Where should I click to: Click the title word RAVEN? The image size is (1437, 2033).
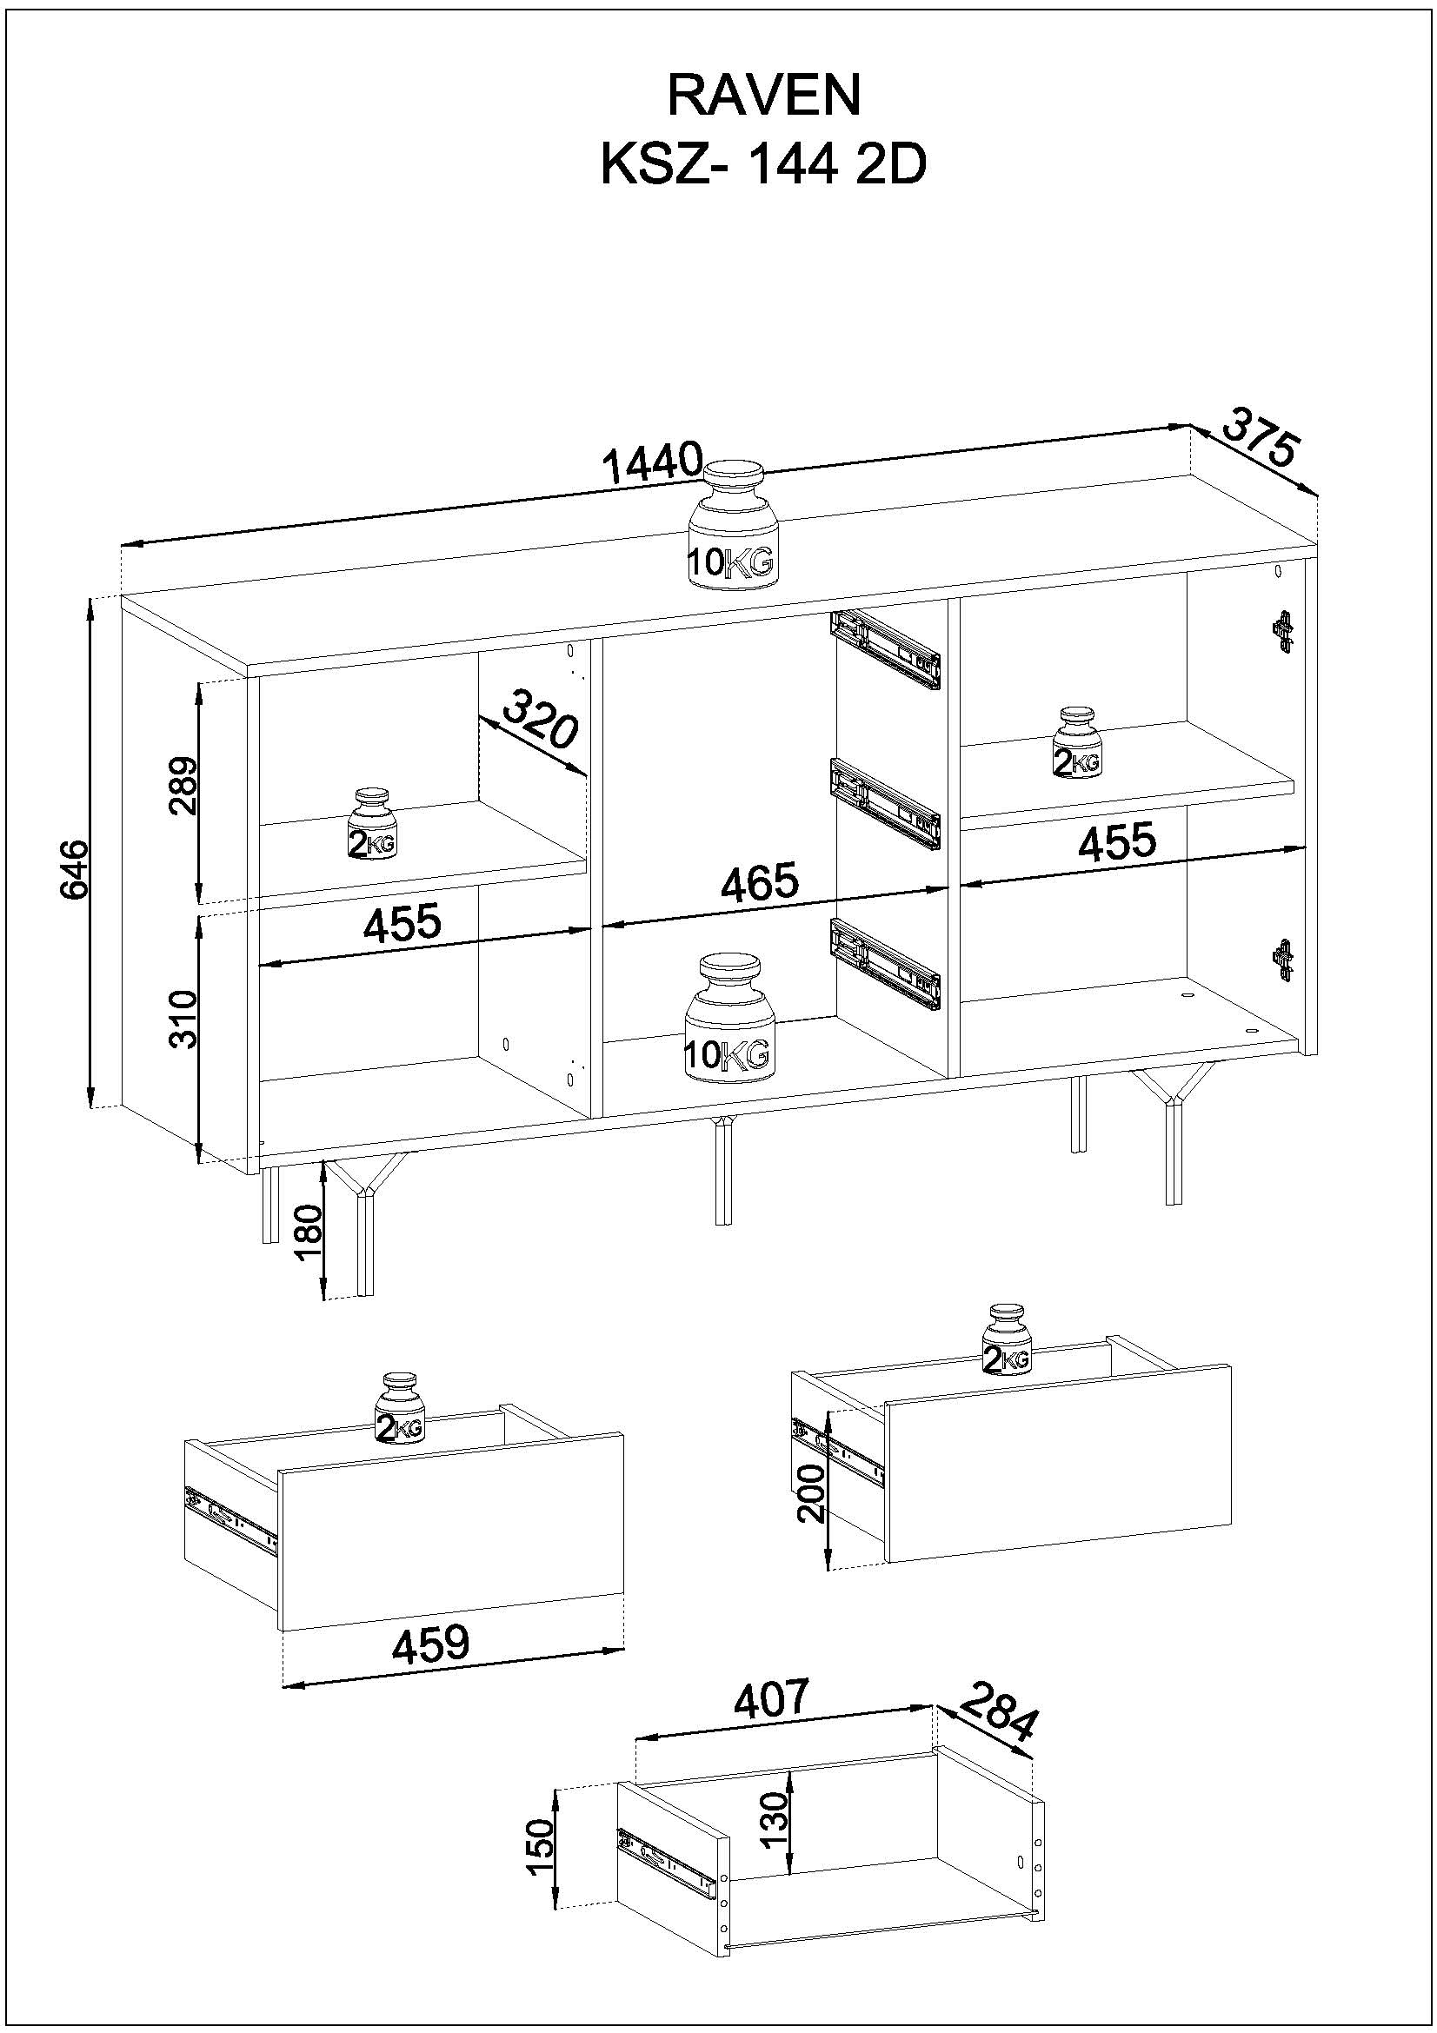[x=763, y=96]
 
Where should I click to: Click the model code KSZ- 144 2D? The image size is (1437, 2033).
[x=763, y=164]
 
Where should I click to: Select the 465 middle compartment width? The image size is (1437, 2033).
[x=759, y=883]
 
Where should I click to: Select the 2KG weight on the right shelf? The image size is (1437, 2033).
[x=1076, y=743]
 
